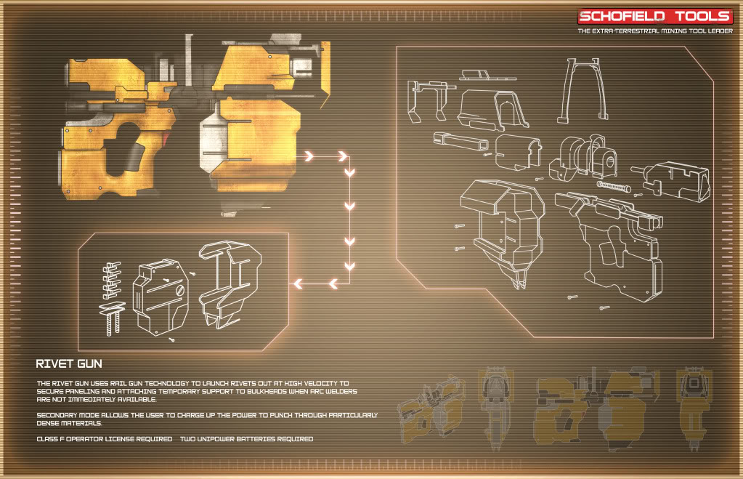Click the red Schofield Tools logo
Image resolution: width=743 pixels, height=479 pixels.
pyautogui.click(x=655, y=17)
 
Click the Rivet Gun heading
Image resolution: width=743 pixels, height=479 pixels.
pyautogui.click(x=69, y=363)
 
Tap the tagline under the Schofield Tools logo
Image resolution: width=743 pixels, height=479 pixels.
pyautogui.click(x=655, y=31)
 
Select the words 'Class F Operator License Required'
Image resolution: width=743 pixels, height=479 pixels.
pyautogui.click(x=105, y=439)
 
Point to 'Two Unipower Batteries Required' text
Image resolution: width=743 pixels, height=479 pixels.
pyautogui.click(x=246, y=439)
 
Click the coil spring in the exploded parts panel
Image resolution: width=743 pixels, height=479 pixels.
pyautogui.click(x=614, y=186)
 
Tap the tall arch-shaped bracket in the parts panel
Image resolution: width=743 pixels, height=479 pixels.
pyautogui.click(x=582, y=89)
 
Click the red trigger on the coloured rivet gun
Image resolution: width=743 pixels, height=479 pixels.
pyautogui.click(x=166, y=139)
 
